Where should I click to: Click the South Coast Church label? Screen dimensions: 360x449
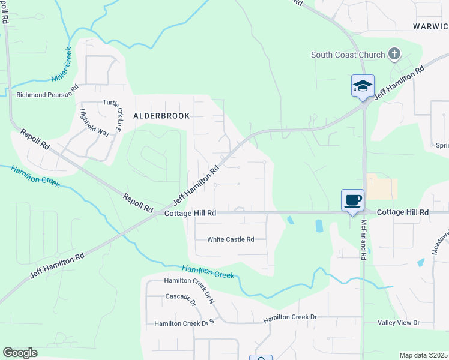click(347, 55)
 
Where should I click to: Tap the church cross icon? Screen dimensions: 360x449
click(394, 55)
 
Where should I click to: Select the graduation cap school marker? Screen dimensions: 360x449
click(363, 85)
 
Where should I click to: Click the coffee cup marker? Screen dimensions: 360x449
click(352, 200)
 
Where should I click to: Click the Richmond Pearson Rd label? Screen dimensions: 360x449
click(47, 94)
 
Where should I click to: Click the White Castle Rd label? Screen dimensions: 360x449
click(231, 239)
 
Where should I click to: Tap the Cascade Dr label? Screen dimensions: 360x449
click(181, 299)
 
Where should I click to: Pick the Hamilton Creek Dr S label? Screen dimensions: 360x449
click(184, 323)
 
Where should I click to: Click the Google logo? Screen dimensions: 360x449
click(20, 353)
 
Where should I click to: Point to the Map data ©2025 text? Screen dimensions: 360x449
click(423, 355)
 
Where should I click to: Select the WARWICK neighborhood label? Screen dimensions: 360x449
click(430, 26)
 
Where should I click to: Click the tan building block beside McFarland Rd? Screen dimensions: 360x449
click(382, 188)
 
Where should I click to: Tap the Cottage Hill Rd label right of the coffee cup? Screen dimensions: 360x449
click(403, 213)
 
